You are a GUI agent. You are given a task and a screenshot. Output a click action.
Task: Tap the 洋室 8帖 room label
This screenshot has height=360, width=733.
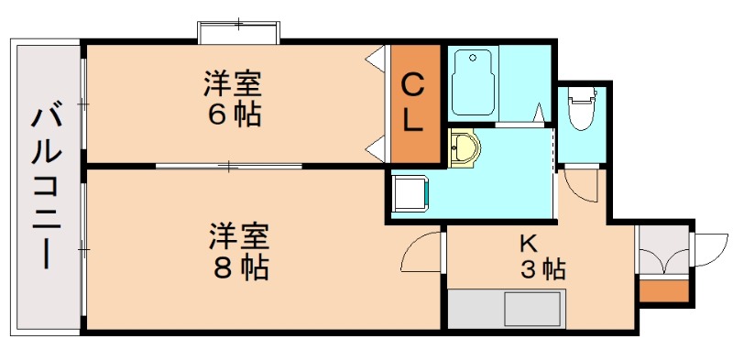238,251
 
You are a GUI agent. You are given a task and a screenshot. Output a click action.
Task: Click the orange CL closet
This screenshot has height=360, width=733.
413,102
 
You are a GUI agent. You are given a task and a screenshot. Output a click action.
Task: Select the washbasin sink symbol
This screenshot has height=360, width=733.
464,148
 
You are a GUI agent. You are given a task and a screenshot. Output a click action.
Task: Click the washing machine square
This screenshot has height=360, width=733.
408,193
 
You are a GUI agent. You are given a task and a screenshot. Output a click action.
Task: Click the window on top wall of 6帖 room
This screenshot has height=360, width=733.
237,31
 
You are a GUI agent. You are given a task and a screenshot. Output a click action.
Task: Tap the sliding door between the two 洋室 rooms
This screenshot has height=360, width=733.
228,166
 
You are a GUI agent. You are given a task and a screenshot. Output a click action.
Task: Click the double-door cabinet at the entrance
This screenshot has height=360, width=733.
662,256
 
